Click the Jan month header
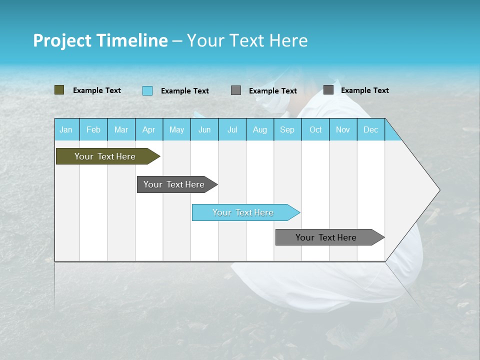(66, 129)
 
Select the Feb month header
(93, 129)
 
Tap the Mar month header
(121, 129)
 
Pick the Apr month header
(149, 129)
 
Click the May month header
(176, 129)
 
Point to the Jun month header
(204, 129)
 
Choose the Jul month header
(232, 129)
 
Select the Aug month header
(260, 129)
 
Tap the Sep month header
(287, 129)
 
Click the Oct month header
(315, 129)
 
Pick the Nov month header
(343, 129)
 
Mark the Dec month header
(371, 129)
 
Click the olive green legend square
(59, 90)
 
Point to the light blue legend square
(147, 90)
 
